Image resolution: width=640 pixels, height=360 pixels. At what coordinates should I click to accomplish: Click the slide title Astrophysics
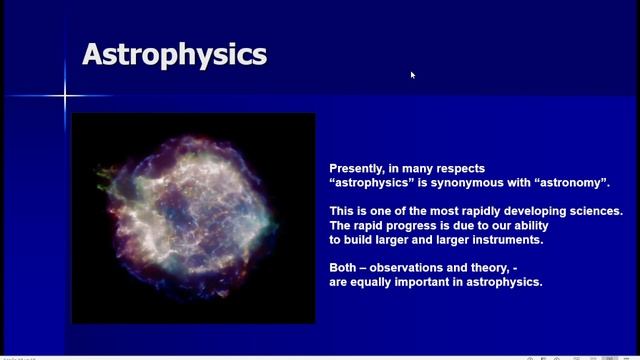point(174,54)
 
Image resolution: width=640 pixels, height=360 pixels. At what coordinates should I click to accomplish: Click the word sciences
point(591,211)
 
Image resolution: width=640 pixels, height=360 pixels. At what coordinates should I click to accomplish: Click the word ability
point(528,226)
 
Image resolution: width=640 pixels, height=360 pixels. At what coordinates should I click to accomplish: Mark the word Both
point(345,268)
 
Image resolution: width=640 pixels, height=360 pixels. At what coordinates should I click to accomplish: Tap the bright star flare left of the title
point(66,96)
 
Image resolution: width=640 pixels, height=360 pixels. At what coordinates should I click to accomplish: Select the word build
point(364,240)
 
